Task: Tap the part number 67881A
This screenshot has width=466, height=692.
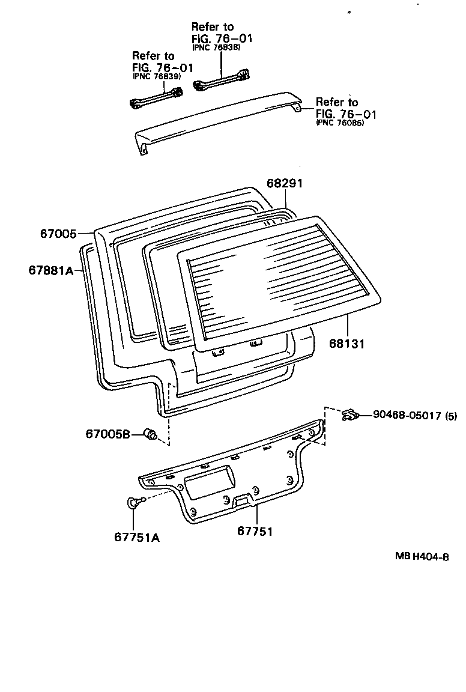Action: click(x=50, y=270)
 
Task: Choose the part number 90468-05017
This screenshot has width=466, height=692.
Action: click(x=407, y=415)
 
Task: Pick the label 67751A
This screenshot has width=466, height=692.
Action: click(x=137, y=536)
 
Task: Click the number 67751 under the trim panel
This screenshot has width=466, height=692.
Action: click(x=255, y=531)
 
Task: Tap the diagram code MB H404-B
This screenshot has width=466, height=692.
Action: click(x=422, y=557)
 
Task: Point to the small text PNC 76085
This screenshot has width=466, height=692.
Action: click(x=340, y=123)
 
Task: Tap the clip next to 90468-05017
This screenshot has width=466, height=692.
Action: click(x=349, y=414)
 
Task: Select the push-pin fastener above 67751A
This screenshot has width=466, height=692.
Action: click(x=135, y=503)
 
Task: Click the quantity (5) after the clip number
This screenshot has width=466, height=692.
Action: click(x=451, y=415)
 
